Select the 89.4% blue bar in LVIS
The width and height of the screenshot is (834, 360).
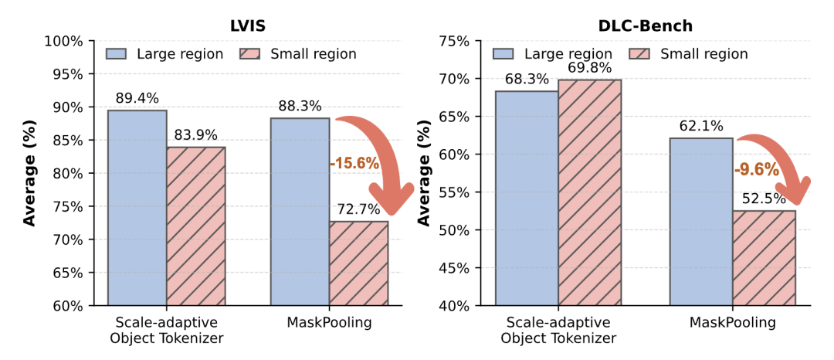tap(137, 209)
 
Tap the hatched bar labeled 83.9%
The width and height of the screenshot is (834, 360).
tap(195, 226)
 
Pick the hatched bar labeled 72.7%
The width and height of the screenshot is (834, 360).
tap(358, 263)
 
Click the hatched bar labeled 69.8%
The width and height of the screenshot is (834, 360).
tap(590, 192)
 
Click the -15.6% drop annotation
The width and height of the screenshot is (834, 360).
tap(354, 163)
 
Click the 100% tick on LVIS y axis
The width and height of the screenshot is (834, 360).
tap(66, 41)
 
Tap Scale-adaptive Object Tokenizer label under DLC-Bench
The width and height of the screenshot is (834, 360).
tap(561, 330)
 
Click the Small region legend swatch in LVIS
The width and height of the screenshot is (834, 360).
tap(252, 53)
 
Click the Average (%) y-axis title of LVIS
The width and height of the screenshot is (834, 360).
tap(30, 174)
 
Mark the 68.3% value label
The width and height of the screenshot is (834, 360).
tap(527, 80)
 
